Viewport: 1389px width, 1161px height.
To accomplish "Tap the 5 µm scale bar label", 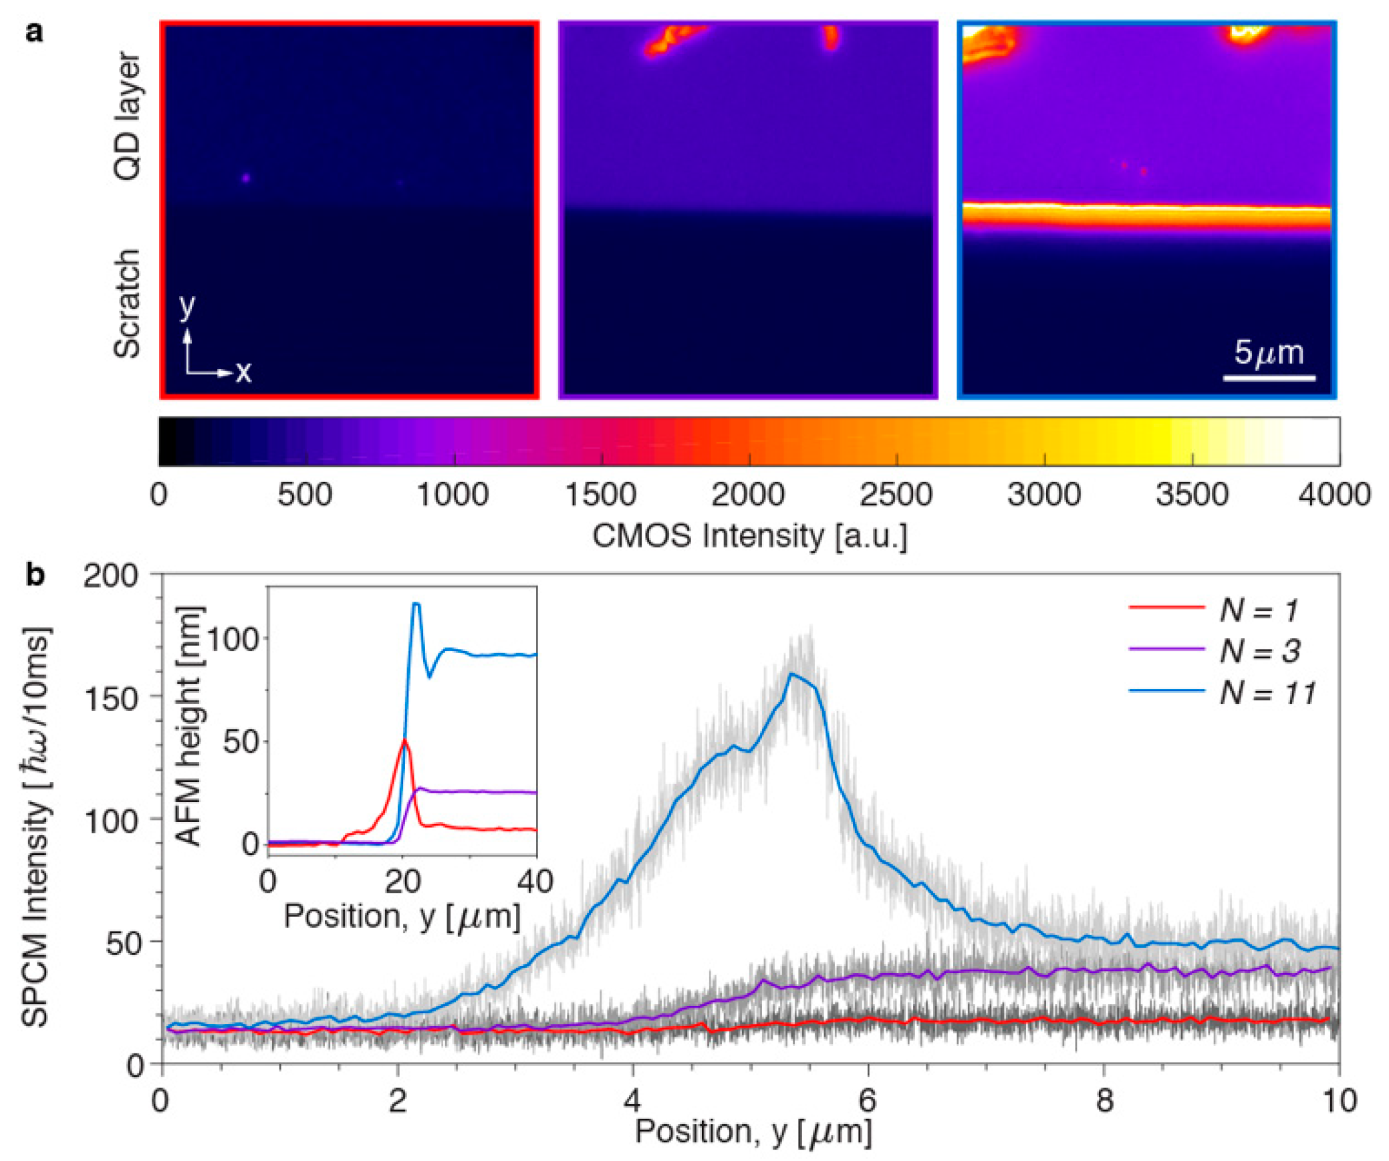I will tap(1268, 352).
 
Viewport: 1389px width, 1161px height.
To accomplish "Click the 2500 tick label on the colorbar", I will tap(896, 495).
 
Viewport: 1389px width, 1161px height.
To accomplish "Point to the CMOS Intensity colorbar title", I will tap(749, 536).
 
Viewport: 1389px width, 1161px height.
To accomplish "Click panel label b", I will tap(35, 575).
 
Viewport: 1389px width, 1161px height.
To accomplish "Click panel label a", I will tap(34, 31).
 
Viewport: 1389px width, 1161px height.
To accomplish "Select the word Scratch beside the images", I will tap(126, 304).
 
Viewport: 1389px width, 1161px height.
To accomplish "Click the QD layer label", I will tap(126, 117).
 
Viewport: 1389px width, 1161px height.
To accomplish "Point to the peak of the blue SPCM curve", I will tap(791, 674).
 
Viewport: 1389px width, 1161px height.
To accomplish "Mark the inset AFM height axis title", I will tap(190, 726).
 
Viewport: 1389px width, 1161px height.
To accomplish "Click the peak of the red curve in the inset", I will tap(404, 740).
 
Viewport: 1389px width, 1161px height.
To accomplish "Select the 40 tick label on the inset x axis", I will tap(535, 882).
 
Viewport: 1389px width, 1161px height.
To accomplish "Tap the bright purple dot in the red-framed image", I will tap(246, 178).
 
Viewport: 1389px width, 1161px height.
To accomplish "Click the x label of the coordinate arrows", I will tap(244, 372).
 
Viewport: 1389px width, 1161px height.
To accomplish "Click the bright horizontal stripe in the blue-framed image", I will tap(1146, 215).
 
